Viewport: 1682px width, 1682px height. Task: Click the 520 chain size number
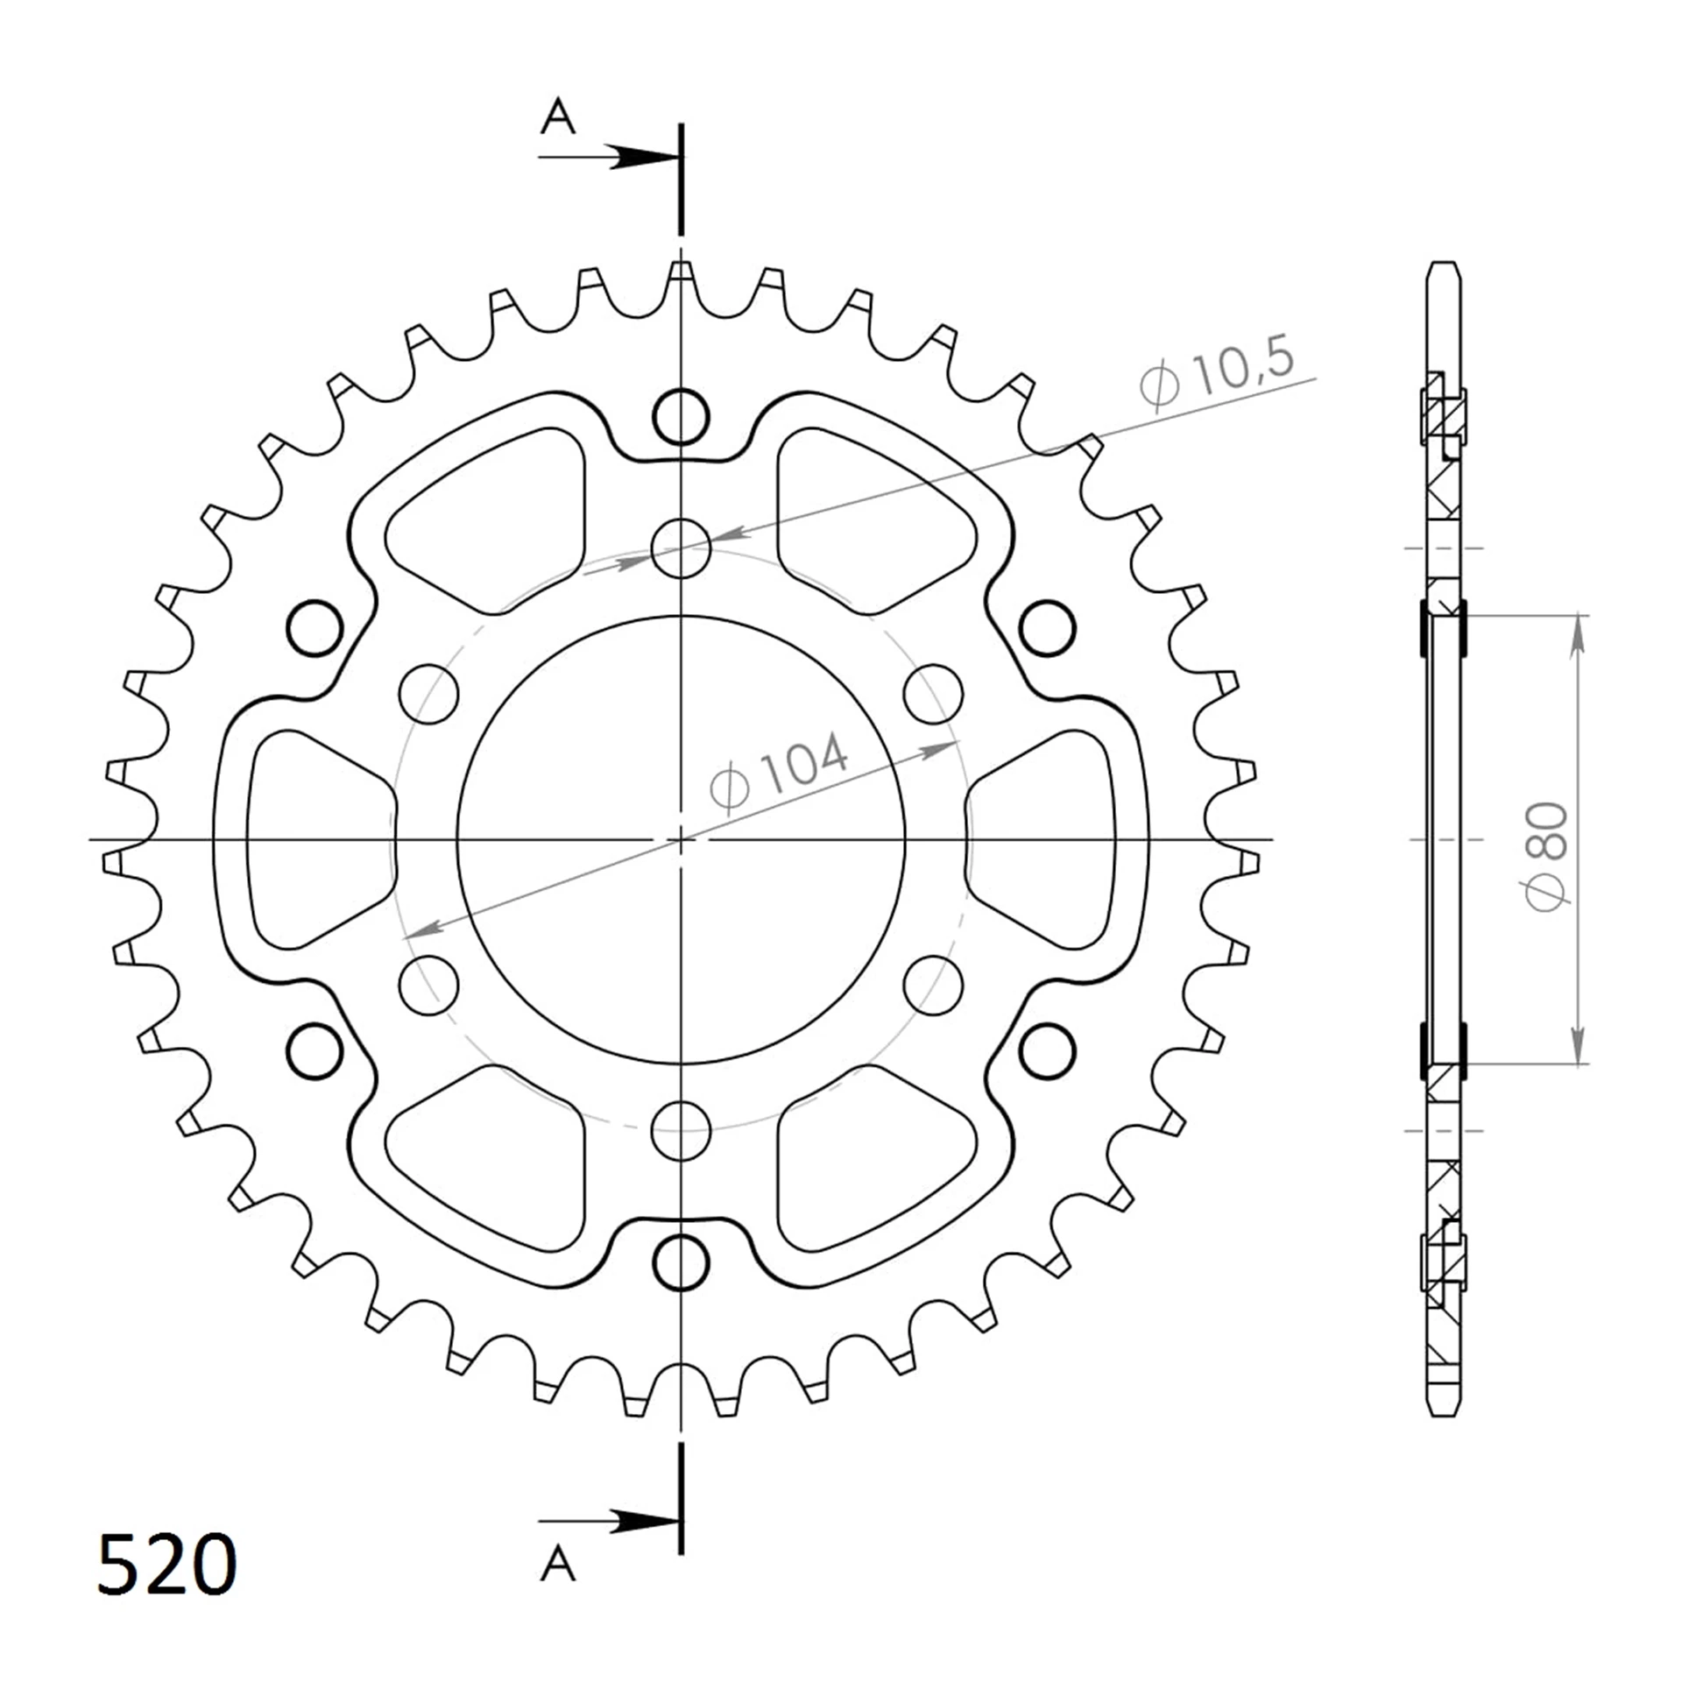point(166,1565)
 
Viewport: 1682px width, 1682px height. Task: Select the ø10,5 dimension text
point(1217,373)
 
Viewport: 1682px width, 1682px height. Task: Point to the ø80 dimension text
point(1546,856)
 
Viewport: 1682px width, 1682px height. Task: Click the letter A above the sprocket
point(558,117)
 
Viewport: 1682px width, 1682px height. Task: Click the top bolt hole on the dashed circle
point(681,549)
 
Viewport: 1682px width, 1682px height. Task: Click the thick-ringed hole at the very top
point(681,417)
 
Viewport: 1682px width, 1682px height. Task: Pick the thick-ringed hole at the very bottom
point(681,1261)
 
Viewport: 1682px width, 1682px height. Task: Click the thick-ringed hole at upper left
point(314,628)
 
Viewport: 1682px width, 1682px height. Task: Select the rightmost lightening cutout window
point(1042,839)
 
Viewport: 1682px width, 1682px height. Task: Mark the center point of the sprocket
point(681,839)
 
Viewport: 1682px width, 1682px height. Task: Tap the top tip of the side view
point(1444,265)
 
